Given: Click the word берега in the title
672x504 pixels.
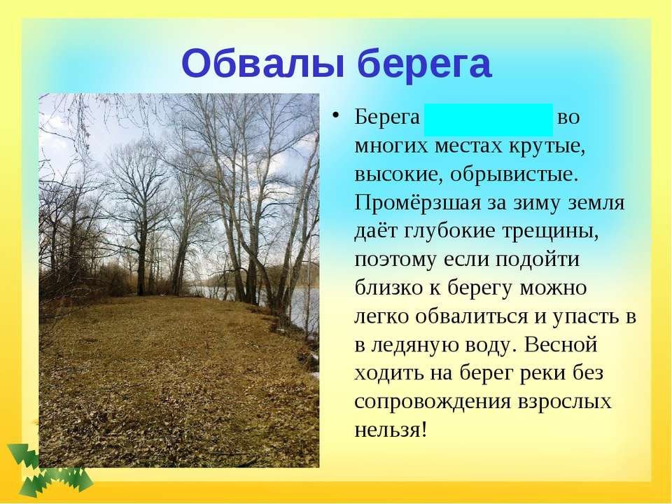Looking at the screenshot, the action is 424,64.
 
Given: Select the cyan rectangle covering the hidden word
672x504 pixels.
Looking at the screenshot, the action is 488,120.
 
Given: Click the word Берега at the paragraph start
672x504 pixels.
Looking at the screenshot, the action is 387,117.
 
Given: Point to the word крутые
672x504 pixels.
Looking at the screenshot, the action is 547,146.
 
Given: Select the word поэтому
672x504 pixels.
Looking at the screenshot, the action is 395,260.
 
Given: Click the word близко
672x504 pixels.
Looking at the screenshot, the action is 388,288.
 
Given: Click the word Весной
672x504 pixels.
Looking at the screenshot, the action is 560,344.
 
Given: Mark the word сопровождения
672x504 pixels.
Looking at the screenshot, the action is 432,402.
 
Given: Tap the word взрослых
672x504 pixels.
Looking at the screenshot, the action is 564,402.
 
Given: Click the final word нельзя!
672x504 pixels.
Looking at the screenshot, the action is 391,429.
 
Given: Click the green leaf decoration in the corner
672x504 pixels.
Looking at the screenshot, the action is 49,471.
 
